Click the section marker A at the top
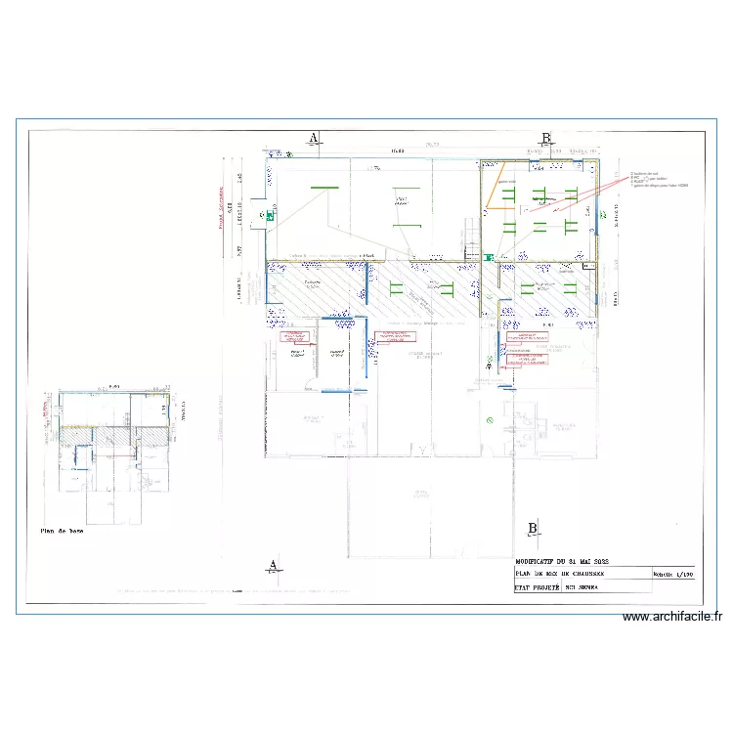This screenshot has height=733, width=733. click(314, 138)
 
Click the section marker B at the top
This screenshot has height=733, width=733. click(546, 138)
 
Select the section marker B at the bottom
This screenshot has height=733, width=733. click(533, 529)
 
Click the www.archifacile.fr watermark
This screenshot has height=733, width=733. click(671, 617)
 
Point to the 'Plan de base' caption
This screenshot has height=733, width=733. click(63, 532)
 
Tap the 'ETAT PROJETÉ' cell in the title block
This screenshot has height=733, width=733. click(536, 588)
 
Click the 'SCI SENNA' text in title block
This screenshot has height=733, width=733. click(582, 588)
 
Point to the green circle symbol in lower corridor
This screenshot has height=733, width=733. click(490, 419)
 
